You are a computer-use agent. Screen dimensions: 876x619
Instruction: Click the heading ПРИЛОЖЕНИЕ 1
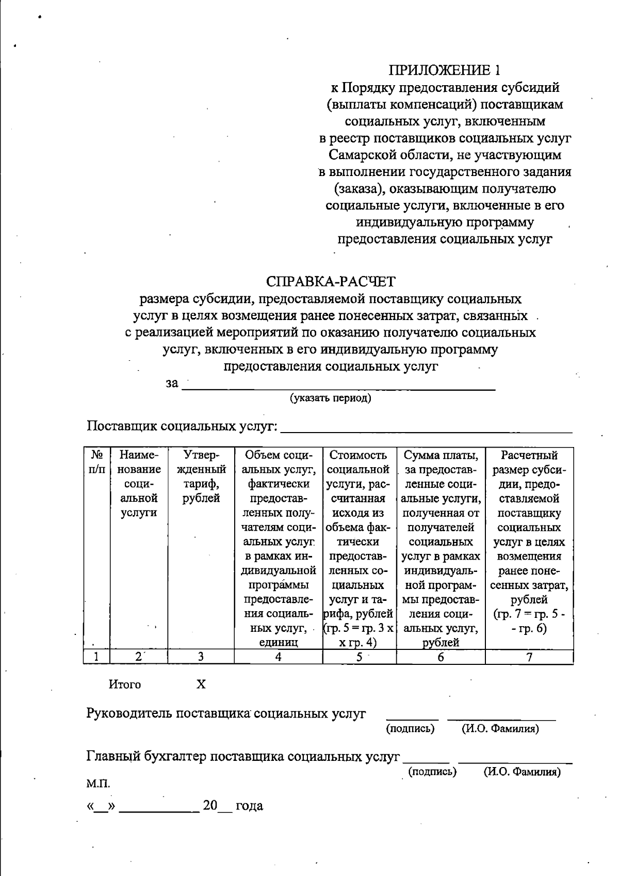coord(444,70)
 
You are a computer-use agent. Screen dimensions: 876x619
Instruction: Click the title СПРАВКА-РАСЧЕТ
coord(331,282)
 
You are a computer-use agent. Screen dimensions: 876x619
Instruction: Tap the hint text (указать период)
coord(330,398)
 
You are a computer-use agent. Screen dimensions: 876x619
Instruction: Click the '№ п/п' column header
coord(97,462)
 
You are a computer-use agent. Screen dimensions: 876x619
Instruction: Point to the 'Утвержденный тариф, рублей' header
coord(201,476)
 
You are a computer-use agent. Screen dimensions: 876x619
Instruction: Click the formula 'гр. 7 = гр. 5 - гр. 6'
coord(529,622)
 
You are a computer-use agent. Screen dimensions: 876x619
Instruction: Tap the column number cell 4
coord(278,657)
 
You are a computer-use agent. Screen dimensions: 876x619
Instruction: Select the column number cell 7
coord(529,657)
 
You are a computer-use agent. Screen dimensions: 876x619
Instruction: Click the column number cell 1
coord(97,657)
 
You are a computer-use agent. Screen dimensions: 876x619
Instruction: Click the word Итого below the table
coord(125,684)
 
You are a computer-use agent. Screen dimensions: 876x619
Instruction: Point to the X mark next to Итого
coord(201,684)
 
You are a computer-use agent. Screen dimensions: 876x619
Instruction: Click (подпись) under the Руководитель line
coord(411,728)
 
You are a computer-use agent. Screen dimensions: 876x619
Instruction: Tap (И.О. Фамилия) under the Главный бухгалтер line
coord(522,772)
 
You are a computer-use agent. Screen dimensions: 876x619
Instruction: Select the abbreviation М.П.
coord(98,784)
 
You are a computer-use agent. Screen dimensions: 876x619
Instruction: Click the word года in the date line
coord(249,806)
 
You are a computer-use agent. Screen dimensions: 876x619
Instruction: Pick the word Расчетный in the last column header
coord(529,455)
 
